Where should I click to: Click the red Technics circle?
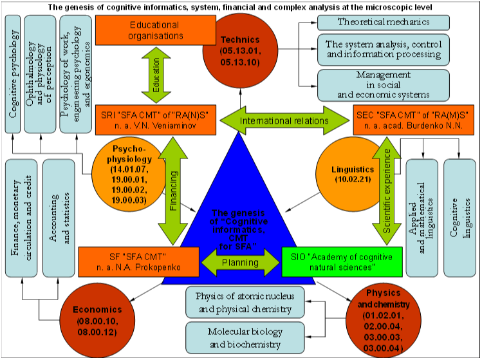240,51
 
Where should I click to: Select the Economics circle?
97,321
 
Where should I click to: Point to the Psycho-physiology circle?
129,175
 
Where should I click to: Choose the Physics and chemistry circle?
384,321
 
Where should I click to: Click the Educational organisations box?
156,30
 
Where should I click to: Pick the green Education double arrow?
156,75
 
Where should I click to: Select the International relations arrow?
284,120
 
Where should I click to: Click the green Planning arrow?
241,263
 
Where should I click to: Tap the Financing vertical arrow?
173,191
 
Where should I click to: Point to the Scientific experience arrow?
387,191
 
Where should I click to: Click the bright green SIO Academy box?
342,262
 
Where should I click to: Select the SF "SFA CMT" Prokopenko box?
138,262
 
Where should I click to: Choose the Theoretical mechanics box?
384,23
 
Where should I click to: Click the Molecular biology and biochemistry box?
245,338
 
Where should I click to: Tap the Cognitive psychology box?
13,74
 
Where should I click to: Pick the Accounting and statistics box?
59,218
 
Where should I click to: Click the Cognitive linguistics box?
460,218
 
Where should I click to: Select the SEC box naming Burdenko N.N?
413,120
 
